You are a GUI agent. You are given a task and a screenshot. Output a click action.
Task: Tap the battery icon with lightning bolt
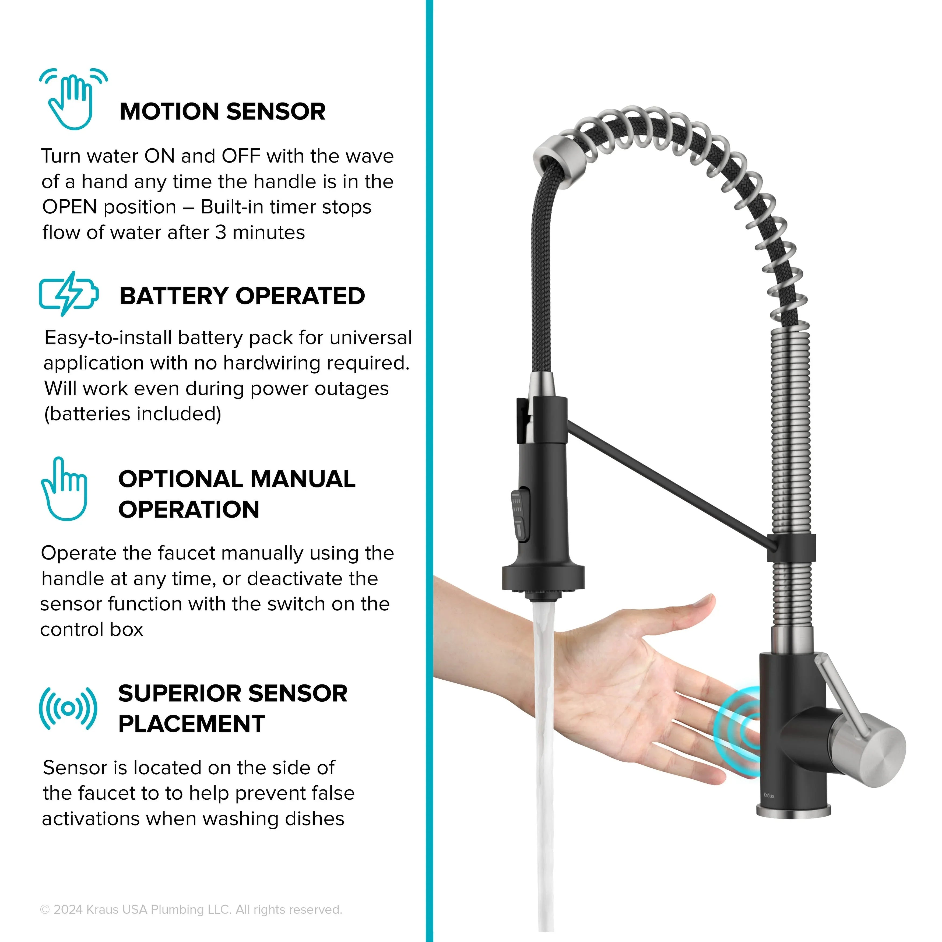point(69,294)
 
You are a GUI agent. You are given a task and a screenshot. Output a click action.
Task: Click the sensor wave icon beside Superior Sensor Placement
point(68,708)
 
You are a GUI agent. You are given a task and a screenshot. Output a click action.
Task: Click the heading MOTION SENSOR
point(222,112)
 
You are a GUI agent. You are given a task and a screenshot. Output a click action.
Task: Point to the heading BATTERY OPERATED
point(242,296)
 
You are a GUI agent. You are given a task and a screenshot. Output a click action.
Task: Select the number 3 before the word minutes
point(221,233)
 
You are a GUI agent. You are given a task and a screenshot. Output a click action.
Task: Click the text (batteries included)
point(133,414)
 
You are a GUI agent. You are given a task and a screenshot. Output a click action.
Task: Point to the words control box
point(92,630)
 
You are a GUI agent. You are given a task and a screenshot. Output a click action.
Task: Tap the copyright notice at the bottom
point(191,909)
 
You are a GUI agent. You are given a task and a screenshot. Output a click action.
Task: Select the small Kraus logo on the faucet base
point(769,795)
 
